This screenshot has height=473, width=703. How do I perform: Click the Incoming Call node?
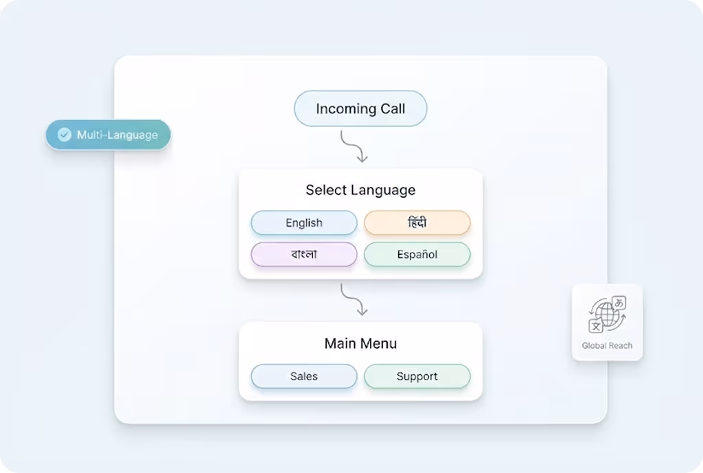tap(360, 109)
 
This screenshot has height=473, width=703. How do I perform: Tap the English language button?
tap(304, 223)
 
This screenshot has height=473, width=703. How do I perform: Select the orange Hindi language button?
tap(417, 223)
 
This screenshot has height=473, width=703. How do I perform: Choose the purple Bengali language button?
tap(304, 255)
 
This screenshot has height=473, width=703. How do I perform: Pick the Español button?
tap(417, 255)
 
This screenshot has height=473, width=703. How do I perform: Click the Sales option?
tap(304, 376)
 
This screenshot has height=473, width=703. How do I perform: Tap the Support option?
tap(417, 376)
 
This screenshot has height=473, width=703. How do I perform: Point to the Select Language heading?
tap(360, 190)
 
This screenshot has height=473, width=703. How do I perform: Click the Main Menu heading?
tap(360, 343)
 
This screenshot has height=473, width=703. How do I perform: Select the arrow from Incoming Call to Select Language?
tap(354, 146)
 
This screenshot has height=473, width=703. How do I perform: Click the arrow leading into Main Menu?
tap(354, 299)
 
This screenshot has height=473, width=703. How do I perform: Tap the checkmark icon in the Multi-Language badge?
tap(65, 135)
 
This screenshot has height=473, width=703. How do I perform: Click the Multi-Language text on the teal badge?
tap(117, 135)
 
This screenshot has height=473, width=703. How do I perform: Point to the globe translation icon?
tap(607, 315)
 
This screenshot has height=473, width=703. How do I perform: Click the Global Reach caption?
tap(607, 345)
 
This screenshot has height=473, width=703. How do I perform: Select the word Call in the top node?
tap(391, 109)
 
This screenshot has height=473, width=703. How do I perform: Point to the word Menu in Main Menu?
tap(380, 343)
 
